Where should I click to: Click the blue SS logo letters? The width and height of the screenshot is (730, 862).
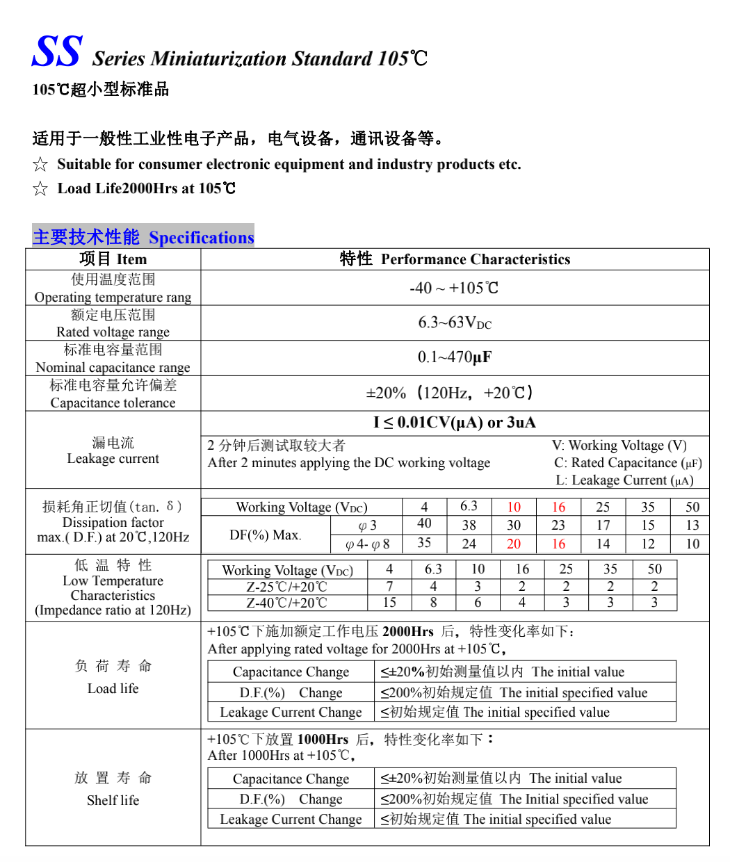pyautogui.click(x=57, y=52)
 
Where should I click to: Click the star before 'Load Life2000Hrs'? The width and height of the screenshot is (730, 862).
pyautogui.click(x=40, y=188)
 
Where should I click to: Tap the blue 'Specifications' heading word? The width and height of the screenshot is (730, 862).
pyautogui.click(x=201, y=238)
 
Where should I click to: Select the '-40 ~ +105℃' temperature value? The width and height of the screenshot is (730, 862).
pyautogui.click(x=454, y=288)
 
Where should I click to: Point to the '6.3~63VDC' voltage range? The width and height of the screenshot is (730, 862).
pyautogui.click(x=454, y=323)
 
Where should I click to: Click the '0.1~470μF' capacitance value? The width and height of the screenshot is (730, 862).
pyautogui.click(x=454, y=357)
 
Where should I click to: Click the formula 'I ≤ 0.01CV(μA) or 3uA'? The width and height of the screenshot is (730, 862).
pyautogui.click(x=454, y=423)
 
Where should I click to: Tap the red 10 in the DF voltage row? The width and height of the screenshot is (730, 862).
pyautogui.click(x=514, y=507)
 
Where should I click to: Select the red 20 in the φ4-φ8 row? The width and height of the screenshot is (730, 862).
pyautogui.click(x=514, y=544)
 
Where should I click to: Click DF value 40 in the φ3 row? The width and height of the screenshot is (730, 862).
pyautogui.click(x=424, y=523)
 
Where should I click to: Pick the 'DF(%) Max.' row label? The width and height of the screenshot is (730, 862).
pyautogui.click(x=265, y=535)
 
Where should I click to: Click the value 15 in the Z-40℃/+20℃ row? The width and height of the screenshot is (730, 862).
pyautogui.click(x=389, y=603)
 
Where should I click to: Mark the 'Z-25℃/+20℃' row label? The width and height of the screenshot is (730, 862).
pyautogui.click(x=286, y=587)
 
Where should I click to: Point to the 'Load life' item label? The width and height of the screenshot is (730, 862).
pyautogui.click(x=113, y=688)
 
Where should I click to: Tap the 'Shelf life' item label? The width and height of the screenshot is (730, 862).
pyautogui.click(x=113, y=800)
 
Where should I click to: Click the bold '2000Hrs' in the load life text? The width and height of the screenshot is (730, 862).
pyautogui.click(x=407, y=631)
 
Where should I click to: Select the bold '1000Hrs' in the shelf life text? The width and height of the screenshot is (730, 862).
pyautogui.click(x=323, y=739)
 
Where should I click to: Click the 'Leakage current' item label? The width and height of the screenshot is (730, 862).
pyautogui.click(x=113, y=459)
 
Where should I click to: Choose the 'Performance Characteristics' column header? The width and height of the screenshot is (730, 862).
pyautogui.click(x=476, y=259)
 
